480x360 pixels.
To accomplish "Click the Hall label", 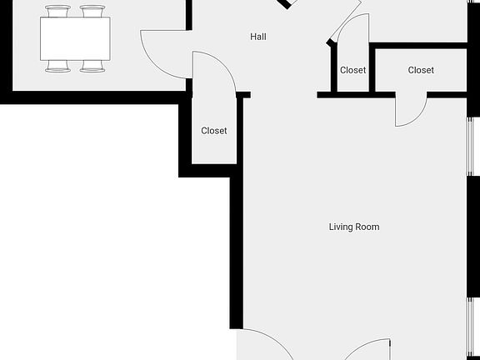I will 258,37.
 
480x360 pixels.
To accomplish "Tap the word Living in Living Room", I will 342,227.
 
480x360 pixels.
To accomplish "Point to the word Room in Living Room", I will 368,227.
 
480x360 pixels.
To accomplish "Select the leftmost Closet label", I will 214,131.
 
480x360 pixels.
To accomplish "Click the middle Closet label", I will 353,71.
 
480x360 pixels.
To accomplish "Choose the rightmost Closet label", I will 421,71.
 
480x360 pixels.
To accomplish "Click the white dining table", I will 75,38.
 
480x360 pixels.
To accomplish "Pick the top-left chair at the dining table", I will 58,11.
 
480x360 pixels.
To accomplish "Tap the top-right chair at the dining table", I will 92,11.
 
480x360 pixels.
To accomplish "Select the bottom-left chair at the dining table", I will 58,66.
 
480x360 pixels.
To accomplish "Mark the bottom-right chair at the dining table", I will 92,66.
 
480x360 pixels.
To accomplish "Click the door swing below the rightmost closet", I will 410,110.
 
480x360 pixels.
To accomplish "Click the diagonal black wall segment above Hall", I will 287,4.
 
